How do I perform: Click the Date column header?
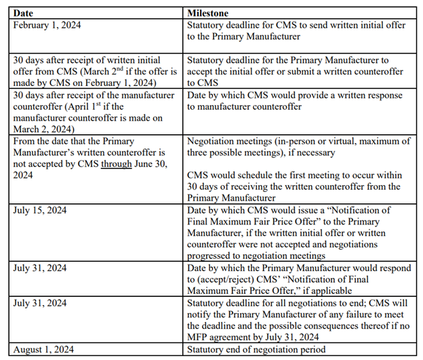click(22, 13)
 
